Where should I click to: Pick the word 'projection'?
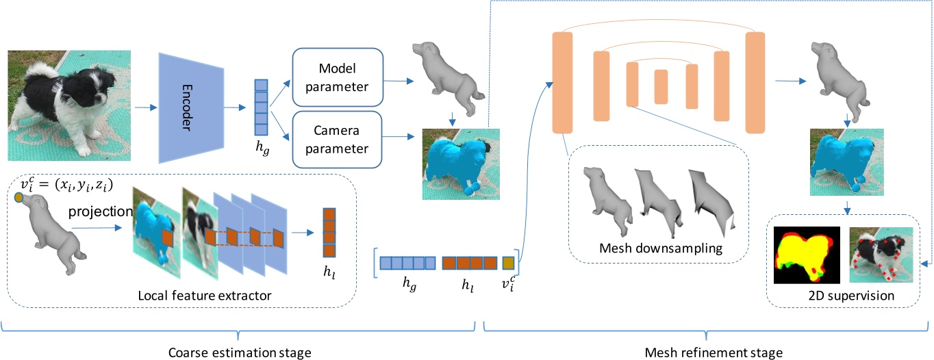[100, 211]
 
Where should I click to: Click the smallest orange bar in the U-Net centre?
[661, 86]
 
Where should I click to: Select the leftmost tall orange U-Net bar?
[561, 82]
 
